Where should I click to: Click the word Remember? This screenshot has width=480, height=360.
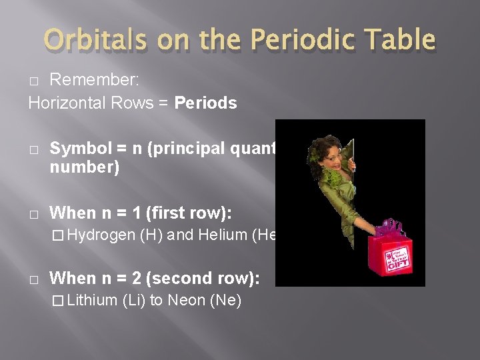(x=94, y=79)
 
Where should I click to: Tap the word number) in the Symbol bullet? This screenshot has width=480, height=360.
(x=85, y=167)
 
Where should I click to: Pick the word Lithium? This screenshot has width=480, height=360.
(x=93, y=300)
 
